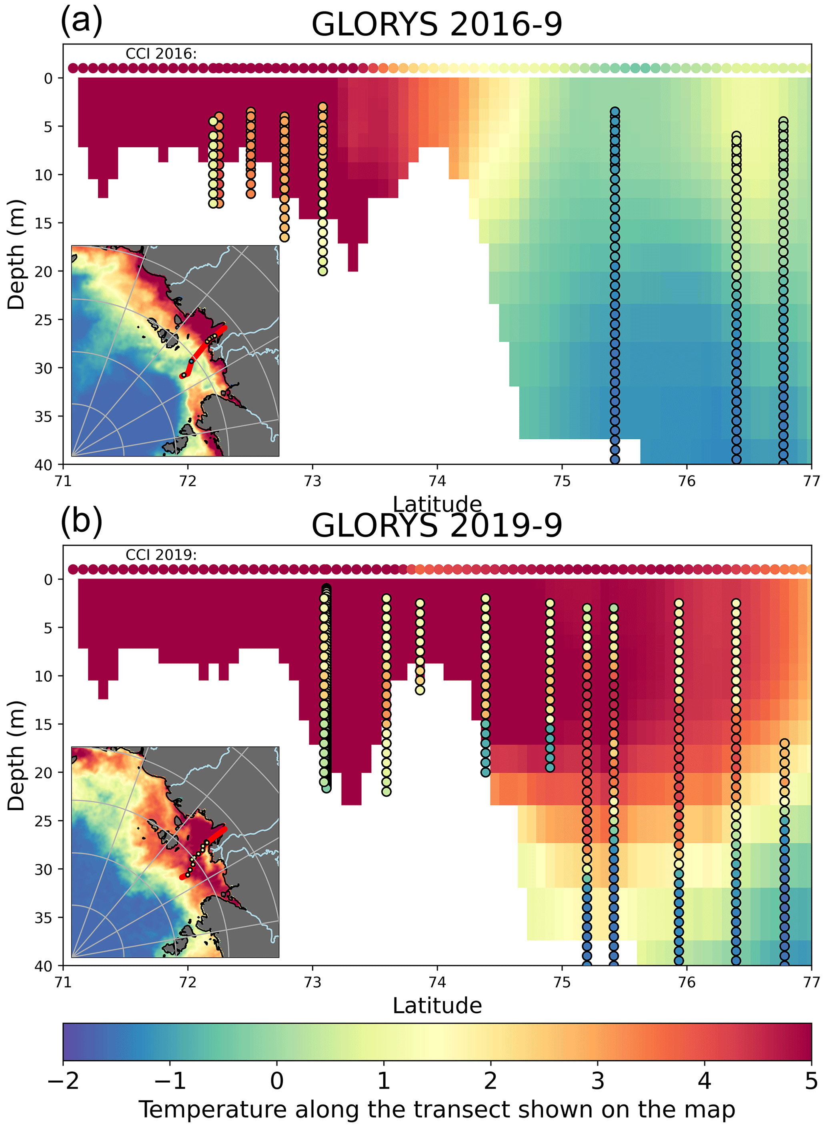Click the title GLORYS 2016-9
click(x=437, y=24)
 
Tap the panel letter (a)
click(x=81, y=21)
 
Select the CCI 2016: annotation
click(x=161, y=54)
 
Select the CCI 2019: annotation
click(x=161, y=555)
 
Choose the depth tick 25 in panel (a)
click(x=44, y=319)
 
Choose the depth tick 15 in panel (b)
click(x=44, y=724)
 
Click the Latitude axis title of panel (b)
click(x=437, y=1005)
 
